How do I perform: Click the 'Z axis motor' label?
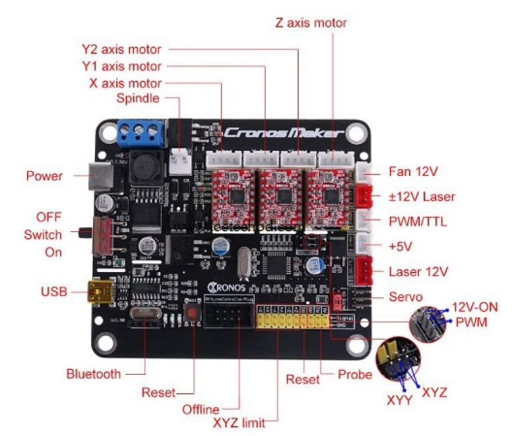311,23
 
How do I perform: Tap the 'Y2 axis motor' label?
122,49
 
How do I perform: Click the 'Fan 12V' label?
414,172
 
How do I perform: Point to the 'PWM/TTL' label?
418,222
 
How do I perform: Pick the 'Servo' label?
406,297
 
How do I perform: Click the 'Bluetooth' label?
93,374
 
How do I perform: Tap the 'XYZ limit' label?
239,423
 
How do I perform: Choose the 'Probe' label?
355,375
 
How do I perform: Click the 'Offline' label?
200,409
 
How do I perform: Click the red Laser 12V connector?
365,269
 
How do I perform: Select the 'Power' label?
45,175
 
